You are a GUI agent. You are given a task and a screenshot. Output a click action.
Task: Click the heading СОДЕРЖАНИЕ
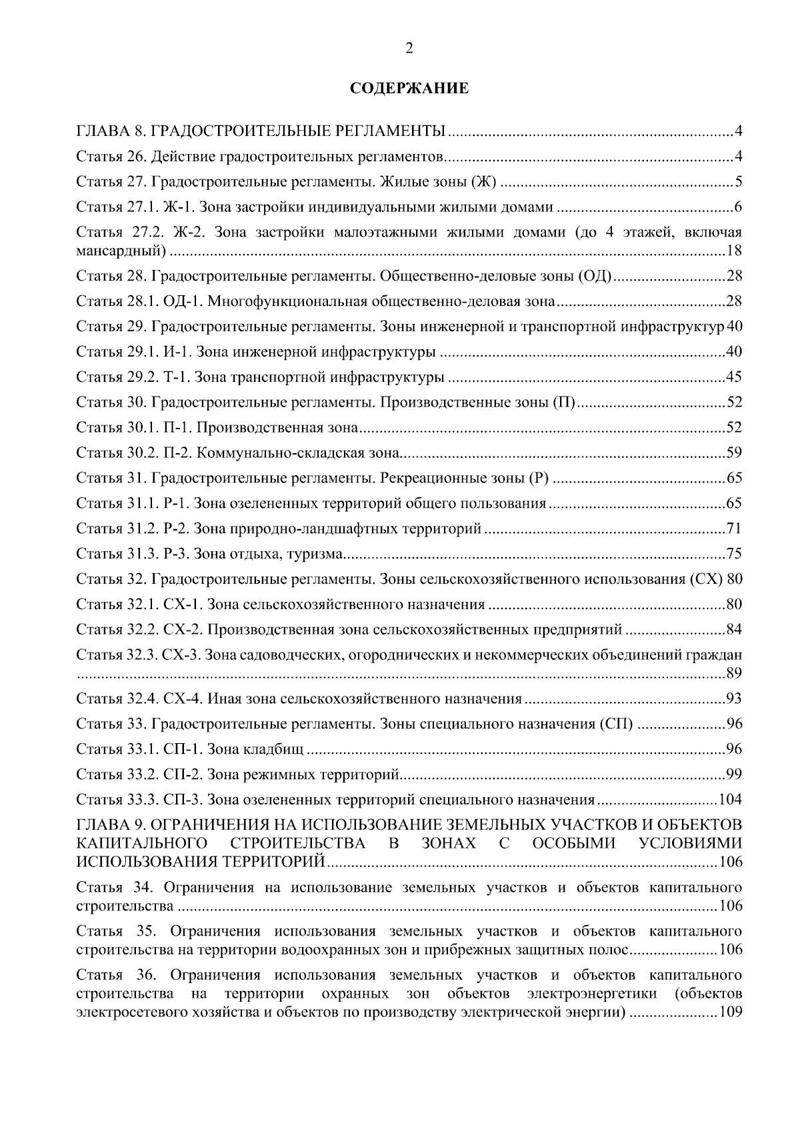pos(409,89)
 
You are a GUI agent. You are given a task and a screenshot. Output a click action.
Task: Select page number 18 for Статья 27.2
pos(733,251)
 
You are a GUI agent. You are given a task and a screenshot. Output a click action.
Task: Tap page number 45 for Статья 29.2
pos(733,377)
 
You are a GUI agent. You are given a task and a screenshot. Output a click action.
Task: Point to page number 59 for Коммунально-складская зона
pos(733,453)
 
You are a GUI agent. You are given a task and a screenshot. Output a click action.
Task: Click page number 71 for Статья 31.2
pos(733,529)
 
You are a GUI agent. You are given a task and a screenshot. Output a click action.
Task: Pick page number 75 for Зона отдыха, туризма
pos(733,554)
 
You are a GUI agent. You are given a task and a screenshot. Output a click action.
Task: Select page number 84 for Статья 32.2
pos(733,630)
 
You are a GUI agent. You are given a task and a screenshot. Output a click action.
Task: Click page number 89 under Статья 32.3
pos(733,674)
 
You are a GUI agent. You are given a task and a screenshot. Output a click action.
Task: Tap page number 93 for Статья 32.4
pos(733,699)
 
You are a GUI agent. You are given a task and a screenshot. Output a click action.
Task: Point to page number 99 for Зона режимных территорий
pos(733,774)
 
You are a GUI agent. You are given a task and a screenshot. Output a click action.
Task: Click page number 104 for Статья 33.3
pos(729,800)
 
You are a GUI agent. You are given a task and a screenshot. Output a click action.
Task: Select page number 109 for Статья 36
pos(729,1013)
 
